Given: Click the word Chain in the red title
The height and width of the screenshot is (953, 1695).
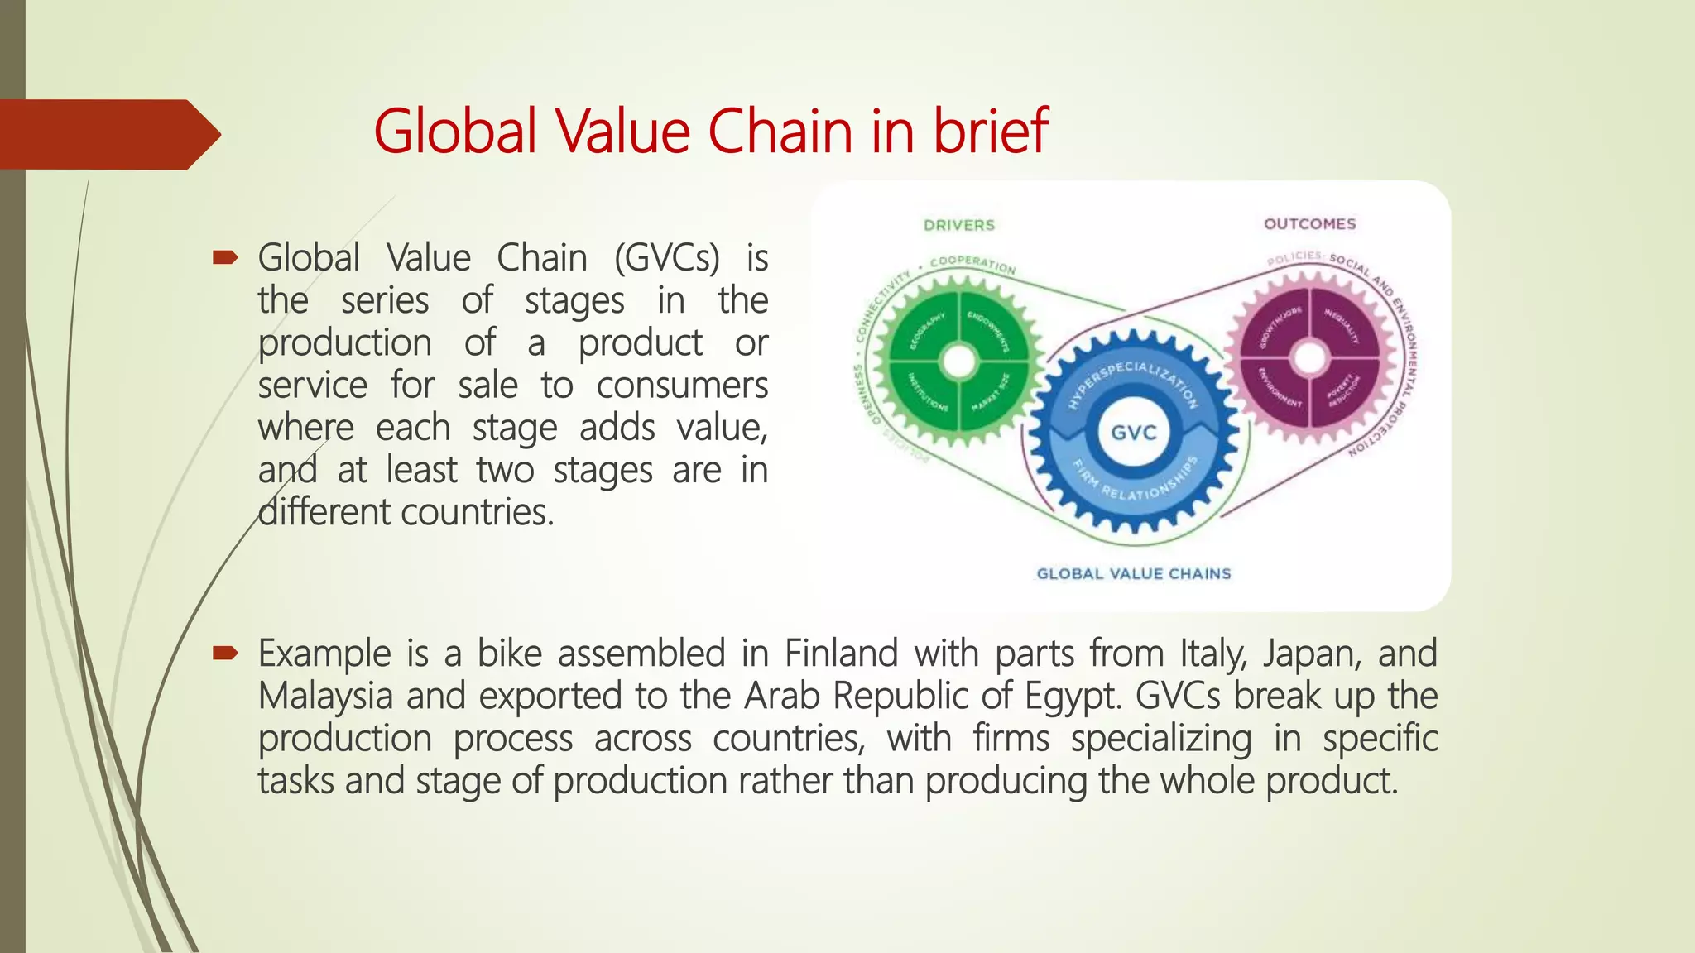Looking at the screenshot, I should pyautogui.click(x=780, y=132).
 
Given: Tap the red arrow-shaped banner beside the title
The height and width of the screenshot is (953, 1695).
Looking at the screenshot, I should pyautogui.click(x=108, y=134).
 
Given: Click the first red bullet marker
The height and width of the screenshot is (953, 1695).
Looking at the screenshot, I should pyautogui.click(x=224, y=258).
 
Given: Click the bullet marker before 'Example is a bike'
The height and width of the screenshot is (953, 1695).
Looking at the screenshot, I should pyautogui.click(x=224, y=654).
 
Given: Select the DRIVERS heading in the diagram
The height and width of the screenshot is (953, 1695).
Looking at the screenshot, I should pyautogui.click(x=958, y=225).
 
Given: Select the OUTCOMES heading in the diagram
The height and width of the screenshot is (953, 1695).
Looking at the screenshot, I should pyautogui.click(x=1309, y=224).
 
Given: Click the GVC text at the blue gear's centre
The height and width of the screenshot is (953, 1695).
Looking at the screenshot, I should pyautogui.click(x=1133, y=433).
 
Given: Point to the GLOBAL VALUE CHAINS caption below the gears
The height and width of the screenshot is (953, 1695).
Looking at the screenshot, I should pyautogui.click(x=1133, y=574).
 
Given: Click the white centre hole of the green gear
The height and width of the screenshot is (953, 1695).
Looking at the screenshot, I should pyautogui.click(x=959, y=361).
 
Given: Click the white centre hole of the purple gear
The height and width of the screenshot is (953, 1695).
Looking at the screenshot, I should pyautogui.click(x=1309, y=358).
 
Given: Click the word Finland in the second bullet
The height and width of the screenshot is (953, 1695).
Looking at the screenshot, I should pyautogui.click(x=841, y=654).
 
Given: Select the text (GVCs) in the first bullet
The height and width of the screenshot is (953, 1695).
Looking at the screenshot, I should pyautogui.click(x=667, y=258).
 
